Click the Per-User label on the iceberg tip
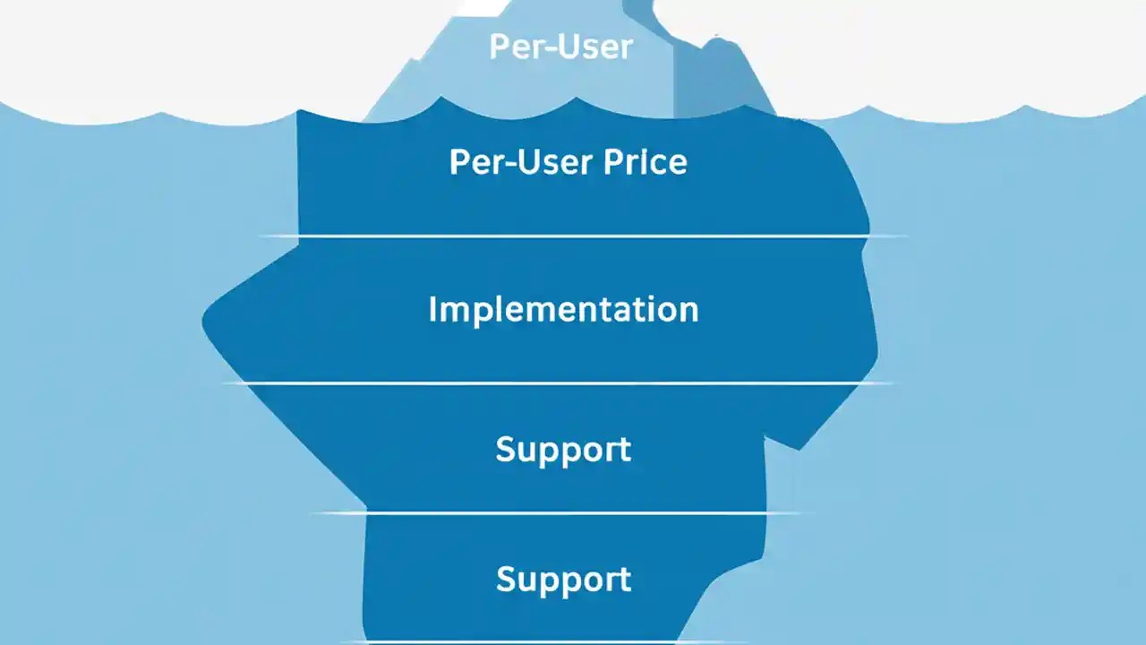561,47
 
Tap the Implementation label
563,309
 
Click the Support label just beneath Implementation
563,449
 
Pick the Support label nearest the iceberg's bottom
563,579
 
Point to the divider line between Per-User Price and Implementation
582,236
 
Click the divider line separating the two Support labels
564,513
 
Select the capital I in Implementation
433,309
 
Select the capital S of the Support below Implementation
506,449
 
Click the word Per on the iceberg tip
511,47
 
